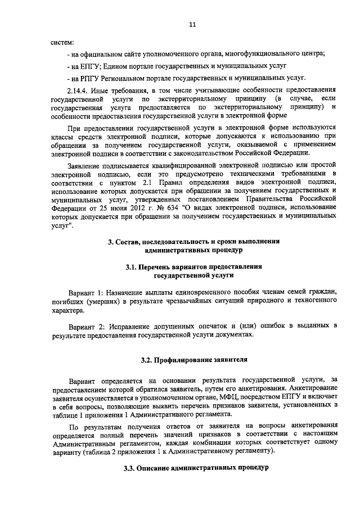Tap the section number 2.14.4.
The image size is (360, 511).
(x=78, y=91)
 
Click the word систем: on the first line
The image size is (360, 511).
(x=62, y=42)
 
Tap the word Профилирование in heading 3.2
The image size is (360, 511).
(x=181, y=359)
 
